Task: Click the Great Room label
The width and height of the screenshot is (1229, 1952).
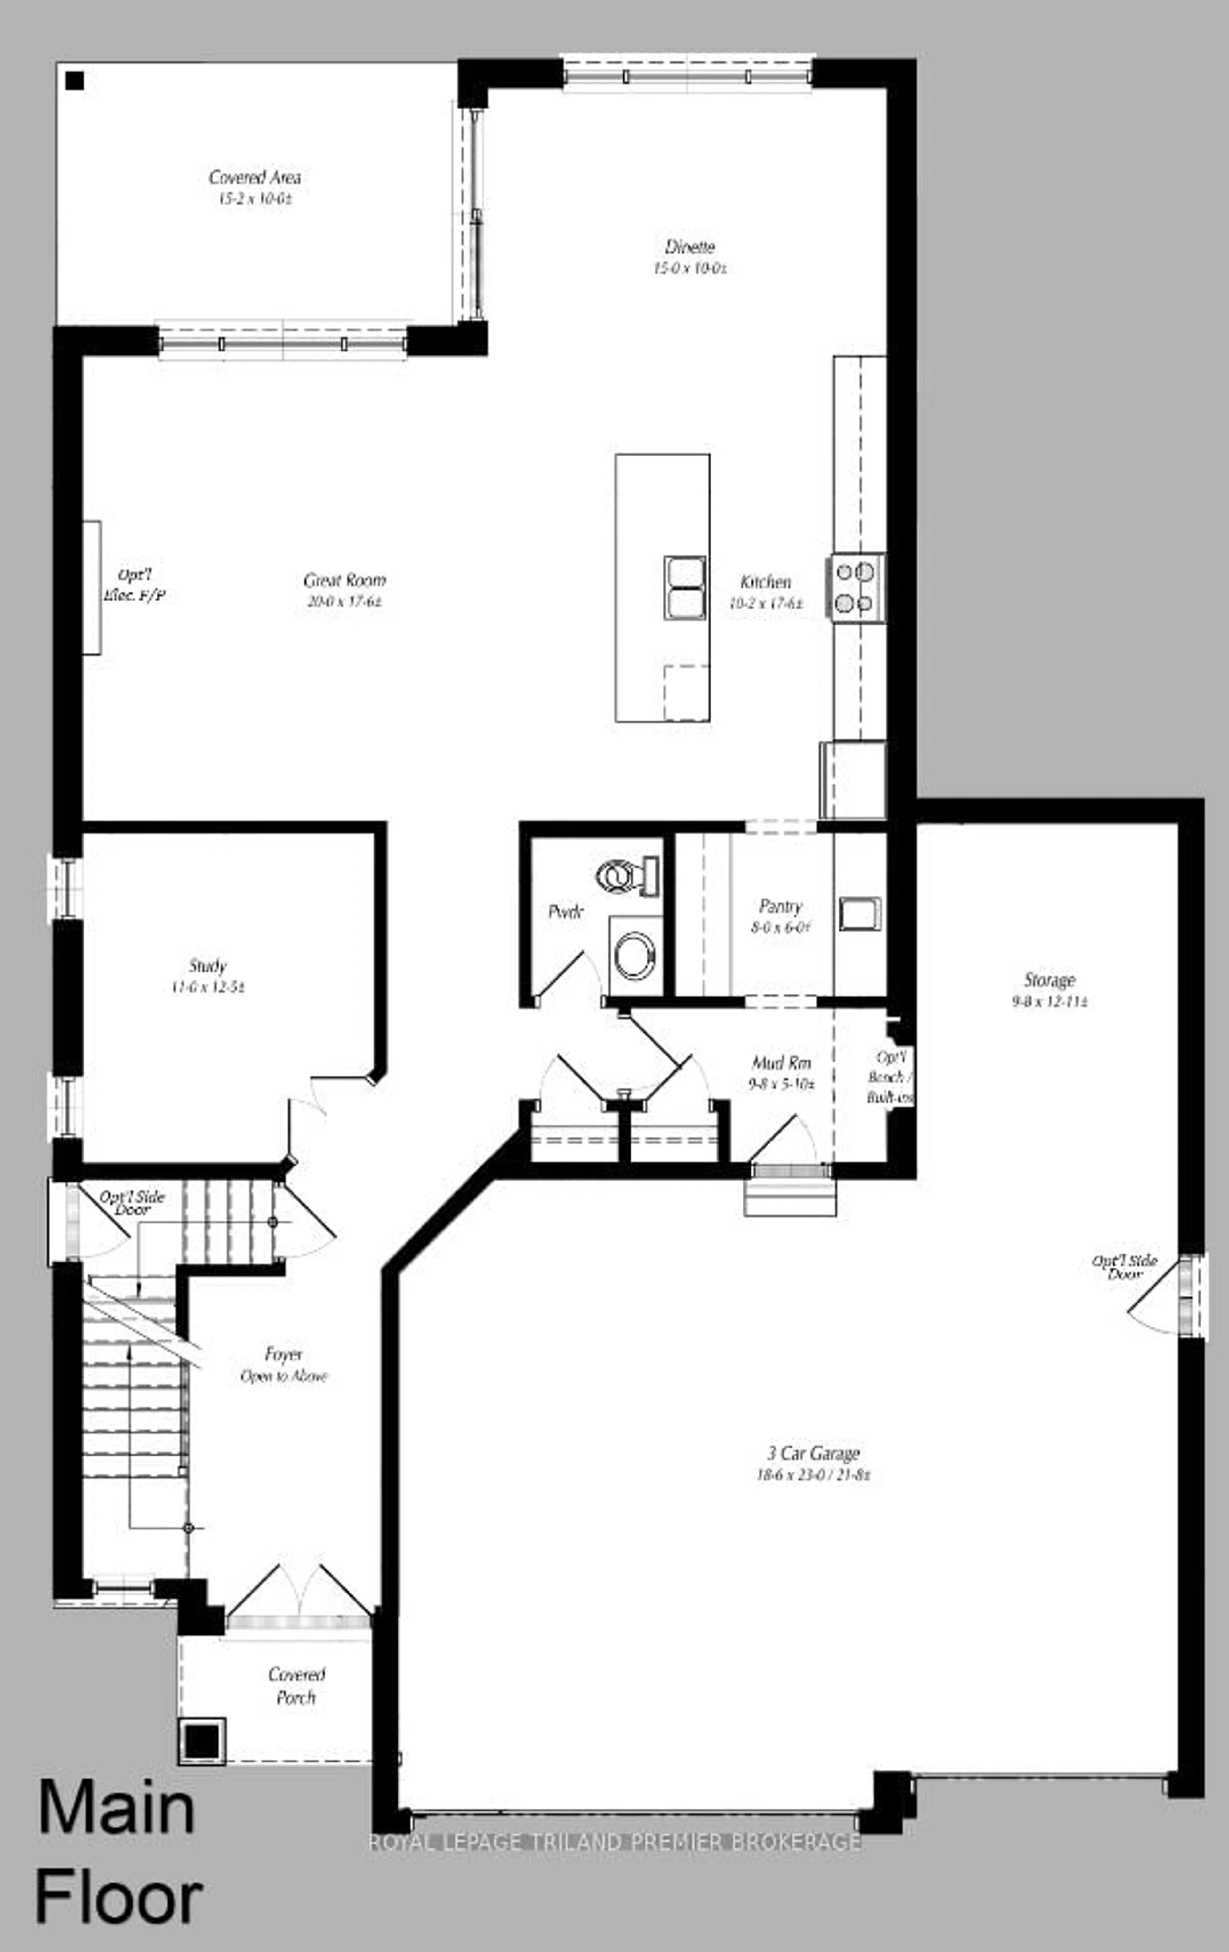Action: [345, 580]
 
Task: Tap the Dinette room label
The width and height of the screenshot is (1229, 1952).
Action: [690, 246]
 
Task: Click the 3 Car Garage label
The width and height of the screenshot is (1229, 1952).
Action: [813, 1454]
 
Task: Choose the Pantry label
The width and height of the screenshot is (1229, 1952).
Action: [781, 906]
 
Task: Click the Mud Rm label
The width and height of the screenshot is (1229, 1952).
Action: [782, 1063]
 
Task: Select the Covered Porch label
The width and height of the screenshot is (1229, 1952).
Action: [297, 1685]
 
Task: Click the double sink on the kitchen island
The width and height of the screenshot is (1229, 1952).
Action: [685, 588]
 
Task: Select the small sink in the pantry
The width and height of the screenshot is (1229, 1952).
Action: [859, 914]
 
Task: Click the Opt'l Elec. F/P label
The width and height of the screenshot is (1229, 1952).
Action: [135, 585]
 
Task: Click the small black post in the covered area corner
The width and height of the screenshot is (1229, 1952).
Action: [75, 80]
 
